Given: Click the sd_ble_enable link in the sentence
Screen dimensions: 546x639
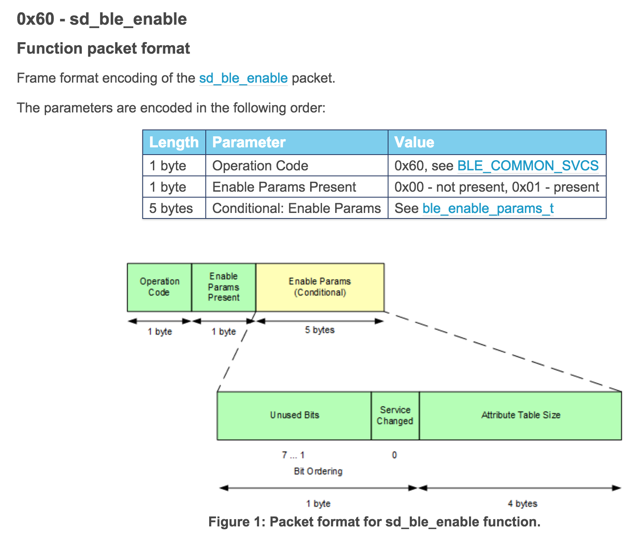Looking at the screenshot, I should pos(243,78).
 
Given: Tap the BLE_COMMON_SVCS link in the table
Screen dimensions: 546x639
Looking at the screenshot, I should pos(528,166).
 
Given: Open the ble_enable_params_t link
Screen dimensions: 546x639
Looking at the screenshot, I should pos(488,208).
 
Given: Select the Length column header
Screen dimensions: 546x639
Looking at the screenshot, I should pos(174,142).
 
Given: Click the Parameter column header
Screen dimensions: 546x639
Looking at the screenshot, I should pos(249,142).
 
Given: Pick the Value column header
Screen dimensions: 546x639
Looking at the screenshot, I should pos(414,142).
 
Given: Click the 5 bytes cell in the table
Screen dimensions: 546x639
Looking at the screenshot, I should pos(171,208).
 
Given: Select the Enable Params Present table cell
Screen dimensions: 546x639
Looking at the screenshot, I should pos(284,187).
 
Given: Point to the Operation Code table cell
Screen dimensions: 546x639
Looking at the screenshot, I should pos(260,166).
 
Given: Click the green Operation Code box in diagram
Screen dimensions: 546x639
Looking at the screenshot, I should pos(159,287).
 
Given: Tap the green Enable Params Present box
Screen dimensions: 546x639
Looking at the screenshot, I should pos(224,287).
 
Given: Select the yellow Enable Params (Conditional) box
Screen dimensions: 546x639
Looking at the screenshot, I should pos(320,287).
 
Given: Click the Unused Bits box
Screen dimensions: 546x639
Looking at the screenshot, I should pos(294,415).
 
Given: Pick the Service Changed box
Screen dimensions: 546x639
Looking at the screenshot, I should pos(395,415).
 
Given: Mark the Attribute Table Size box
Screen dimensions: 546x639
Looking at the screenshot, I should pos(521,415).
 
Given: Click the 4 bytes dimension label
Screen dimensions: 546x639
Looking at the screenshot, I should pos(522,504).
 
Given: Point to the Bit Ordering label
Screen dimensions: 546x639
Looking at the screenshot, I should pos(318,471).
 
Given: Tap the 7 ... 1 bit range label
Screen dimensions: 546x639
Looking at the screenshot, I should pos(293,455).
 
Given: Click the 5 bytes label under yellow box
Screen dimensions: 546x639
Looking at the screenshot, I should pos(319,330).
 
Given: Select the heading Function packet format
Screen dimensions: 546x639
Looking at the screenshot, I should pos(104,49).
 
